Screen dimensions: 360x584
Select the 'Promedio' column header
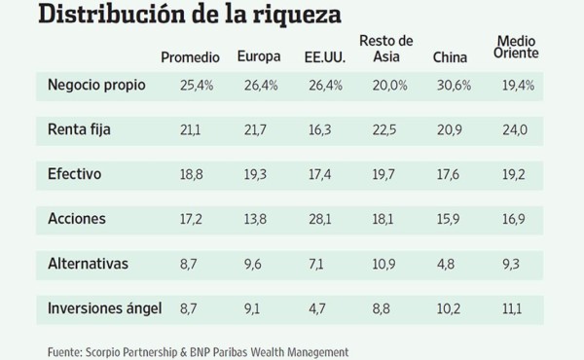point(190,56)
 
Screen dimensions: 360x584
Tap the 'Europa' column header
point(261,56)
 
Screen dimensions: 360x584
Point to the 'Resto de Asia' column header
point(386,49)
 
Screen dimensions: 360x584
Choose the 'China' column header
point(452,56)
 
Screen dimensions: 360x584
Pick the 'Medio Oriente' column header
point(519,49)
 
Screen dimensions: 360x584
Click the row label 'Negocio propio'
point(96,85)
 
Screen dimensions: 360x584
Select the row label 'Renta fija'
point(79,127)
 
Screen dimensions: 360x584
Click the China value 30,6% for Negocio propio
point(455,86)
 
